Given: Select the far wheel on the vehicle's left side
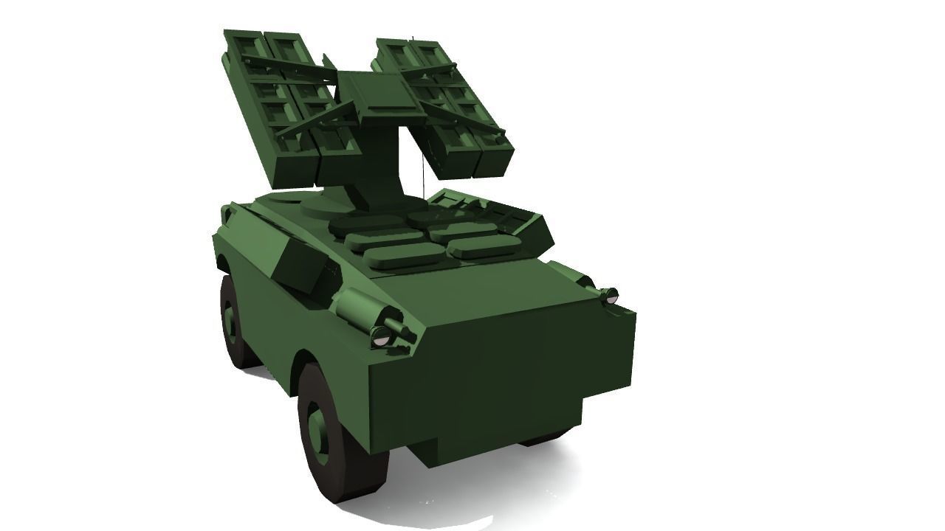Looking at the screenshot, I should tap(236, 324).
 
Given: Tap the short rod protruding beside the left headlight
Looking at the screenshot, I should tap(402, 327).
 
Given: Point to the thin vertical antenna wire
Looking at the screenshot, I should tap(423, 170).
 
